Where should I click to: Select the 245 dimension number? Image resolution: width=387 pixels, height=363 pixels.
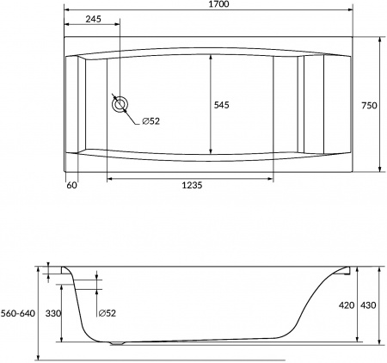[94, 19]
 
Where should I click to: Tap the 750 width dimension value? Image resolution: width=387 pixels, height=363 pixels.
[369, 105]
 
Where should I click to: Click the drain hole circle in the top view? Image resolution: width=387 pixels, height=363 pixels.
[120, 106]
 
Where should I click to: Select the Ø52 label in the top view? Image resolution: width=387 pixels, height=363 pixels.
[150, 120]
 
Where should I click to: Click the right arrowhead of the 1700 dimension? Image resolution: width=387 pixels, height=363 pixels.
[353, 12]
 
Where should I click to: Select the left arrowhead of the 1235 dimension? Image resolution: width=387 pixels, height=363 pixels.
[108, 179]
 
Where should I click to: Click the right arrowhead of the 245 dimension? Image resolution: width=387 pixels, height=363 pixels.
[118, 27]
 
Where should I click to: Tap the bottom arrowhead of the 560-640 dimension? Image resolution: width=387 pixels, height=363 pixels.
[40, 358]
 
